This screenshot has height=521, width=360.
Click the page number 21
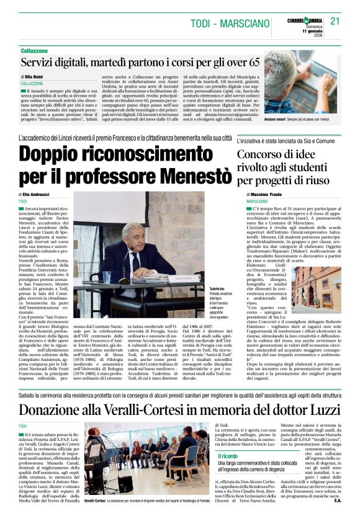[335, 21]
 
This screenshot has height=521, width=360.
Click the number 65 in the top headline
[253, 63]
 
